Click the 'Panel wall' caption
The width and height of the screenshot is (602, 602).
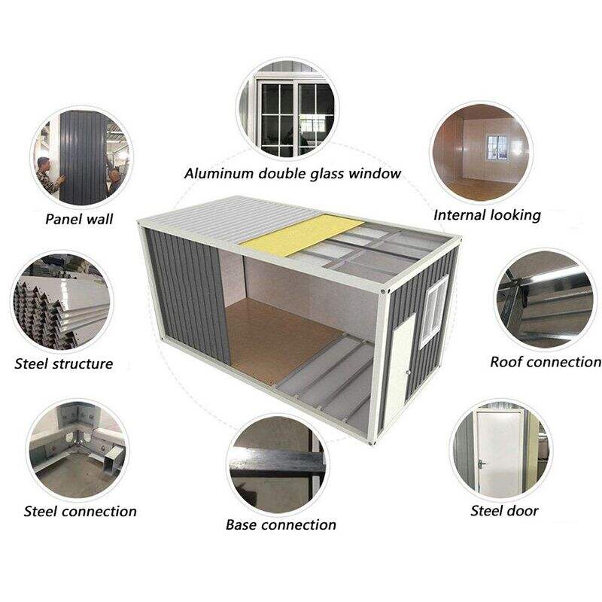click(x=78, y=219)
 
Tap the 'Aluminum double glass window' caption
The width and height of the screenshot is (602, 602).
click(x=293, y=174)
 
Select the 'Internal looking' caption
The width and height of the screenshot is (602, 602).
click(x=487, y=215)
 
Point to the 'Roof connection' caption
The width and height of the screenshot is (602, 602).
click(x=546, y=362)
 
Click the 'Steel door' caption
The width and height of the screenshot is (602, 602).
click(x=504, y=511)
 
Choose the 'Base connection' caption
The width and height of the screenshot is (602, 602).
click(x=281, y=524)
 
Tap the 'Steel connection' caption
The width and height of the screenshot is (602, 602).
click(x=81, y=512)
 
